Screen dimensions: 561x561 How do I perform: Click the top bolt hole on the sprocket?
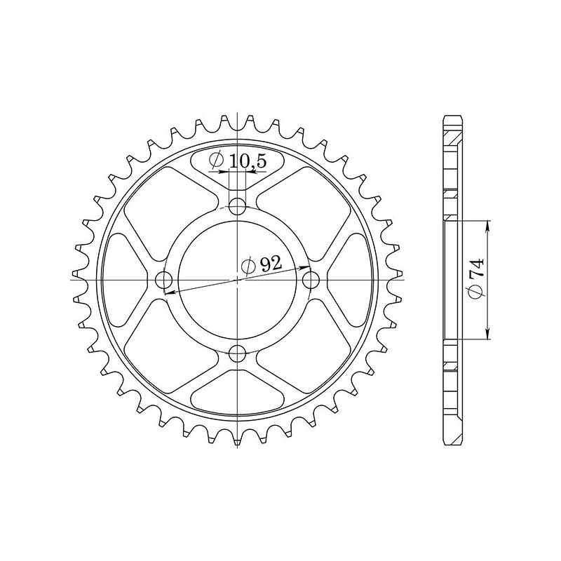238,206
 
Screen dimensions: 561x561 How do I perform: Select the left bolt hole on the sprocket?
165,279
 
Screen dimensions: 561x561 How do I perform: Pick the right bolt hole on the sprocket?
311,279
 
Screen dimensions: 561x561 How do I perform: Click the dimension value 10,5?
248,161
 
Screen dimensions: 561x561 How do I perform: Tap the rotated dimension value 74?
476,271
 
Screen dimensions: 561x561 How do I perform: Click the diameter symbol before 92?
248,266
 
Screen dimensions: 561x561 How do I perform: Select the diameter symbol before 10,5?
217,161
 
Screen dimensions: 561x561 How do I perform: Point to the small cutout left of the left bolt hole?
123,279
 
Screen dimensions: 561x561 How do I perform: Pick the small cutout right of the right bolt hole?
353,279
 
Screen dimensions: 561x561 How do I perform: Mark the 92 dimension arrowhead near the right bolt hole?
306,267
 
